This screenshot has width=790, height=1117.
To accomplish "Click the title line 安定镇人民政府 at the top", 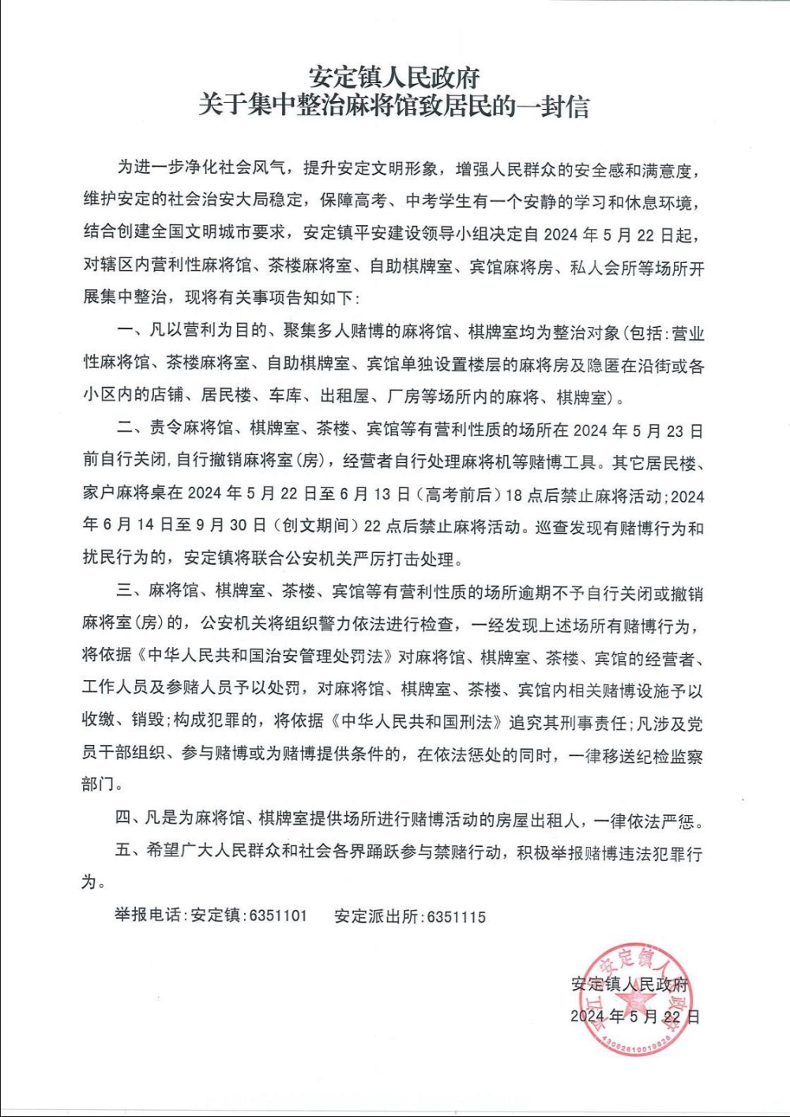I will click(x=394, y=77).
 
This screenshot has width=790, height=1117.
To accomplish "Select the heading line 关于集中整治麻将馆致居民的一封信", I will click(x=394, y=106).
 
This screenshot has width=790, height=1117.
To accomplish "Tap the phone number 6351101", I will click(x=278, y=916).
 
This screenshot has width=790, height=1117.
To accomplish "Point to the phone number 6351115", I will click(x=457, y=916).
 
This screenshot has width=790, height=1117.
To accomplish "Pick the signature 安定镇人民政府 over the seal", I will click(x=630, y=984).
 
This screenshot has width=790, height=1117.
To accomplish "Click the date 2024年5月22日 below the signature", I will click(x=635, y=1017).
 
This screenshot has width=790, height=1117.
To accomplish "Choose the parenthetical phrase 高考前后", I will click(x=460, y=495).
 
